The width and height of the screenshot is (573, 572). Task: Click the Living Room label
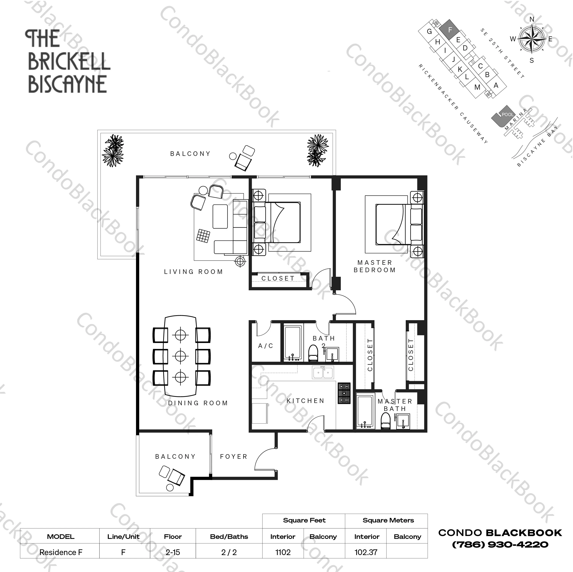193,272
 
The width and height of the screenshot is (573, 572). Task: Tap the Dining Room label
198,403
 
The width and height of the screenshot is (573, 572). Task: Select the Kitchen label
306,401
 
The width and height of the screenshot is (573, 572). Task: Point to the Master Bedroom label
375,266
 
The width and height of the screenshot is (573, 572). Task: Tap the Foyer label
234,457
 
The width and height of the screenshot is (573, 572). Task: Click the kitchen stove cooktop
344,393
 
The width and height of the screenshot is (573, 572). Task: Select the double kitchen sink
323,372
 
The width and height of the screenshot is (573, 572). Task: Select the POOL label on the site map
507,114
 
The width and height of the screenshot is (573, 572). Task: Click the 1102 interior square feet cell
283,552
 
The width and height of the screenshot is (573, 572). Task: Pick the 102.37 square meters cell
366,552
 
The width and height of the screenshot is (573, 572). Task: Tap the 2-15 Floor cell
173,552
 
